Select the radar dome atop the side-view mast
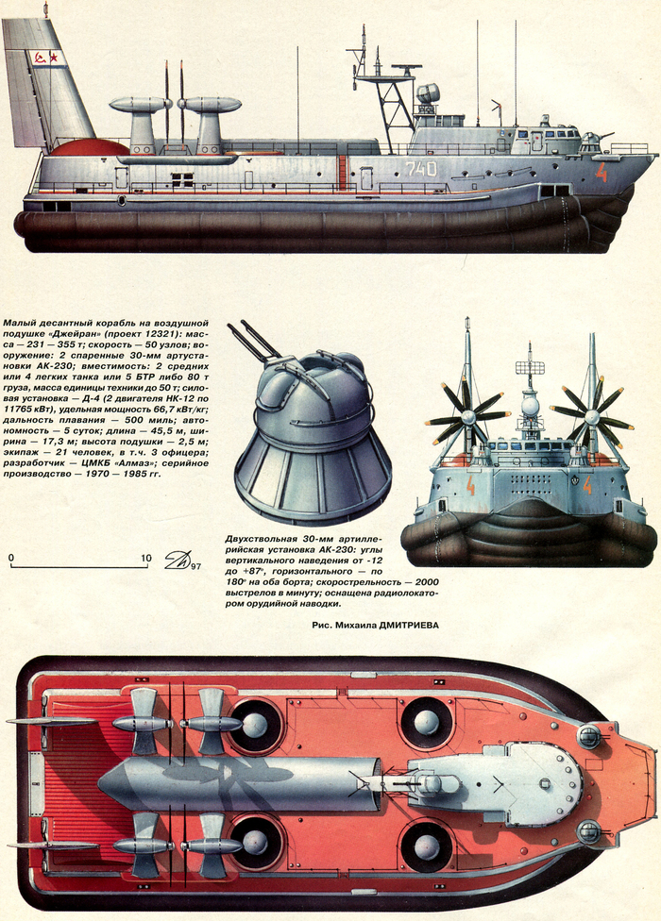[427, 93]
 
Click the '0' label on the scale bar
[11, 559]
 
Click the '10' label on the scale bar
[145, 559]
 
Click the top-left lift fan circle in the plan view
[255, 725]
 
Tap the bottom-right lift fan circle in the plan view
[427, 844]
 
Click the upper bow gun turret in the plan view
[589, 736]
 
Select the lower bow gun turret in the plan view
[589, 832]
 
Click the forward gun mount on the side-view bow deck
[590, 142]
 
